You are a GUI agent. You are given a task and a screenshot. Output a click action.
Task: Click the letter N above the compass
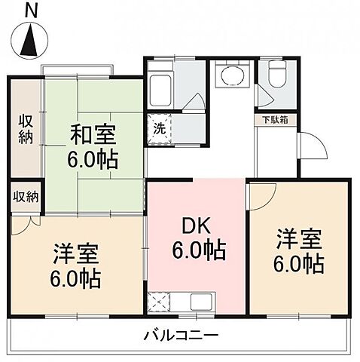click(x=30, y=10)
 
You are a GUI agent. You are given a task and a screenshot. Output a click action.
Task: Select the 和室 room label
click(x=93, y=136)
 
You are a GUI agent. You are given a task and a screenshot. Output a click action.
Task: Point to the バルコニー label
click(x=181, y=334)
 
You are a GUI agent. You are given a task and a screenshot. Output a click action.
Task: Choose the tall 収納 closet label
click(x=26, y=128)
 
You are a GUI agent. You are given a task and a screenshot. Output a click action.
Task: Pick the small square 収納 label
click(x=26, y=198)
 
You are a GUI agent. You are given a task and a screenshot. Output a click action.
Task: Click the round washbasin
click(x=230, y=75)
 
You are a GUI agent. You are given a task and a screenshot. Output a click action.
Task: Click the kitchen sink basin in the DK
click(x=201, y=302)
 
